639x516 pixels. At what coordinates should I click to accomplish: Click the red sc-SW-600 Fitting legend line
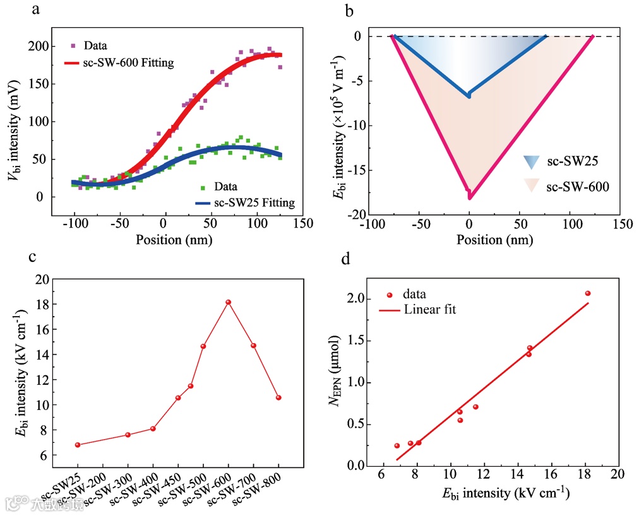(x=80, y=63)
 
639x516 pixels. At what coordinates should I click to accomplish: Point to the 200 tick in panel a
(x=42, y=47)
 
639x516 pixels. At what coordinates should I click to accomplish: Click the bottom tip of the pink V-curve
(x=469, y=198)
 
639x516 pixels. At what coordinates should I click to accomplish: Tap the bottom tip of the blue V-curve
(x=469, y=96)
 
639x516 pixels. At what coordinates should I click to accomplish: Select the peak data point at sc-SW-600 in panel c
(x=228, y=302)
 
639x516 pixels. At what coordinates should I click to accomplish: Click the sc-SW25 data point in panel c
(x=78, y=445)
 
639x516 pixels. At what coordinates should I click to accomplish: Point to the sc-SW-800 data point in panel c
(x=278, y=397)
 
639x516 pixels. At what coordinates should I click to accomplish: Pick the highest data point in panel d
(x=587, y=293)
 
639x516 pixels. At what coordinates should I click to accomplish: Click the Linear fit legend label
(x=429, y=310)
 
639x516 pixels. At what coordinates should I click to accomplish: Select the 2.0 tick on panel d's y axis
(x=361, y=298)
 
